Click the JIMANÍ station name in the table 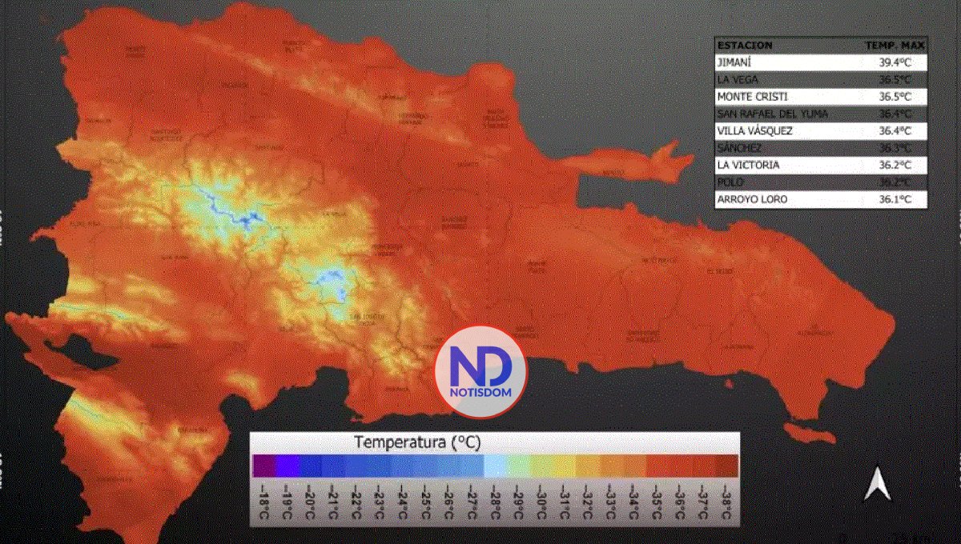[735, 62]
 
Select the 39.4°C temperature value [895, 62]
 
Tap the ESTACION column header [745, 46]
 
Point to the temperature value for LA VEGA [895, 79]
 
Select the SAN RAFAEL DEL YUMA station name [773, 114]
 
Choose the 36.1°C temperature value [895, 198]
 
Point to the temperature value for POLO [895, 182]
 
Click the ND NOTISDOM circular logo [480, 371]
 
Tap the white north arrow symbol [877, 484]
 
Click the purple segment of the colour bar [263, 466]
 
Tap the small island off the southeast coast [809, 433]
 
